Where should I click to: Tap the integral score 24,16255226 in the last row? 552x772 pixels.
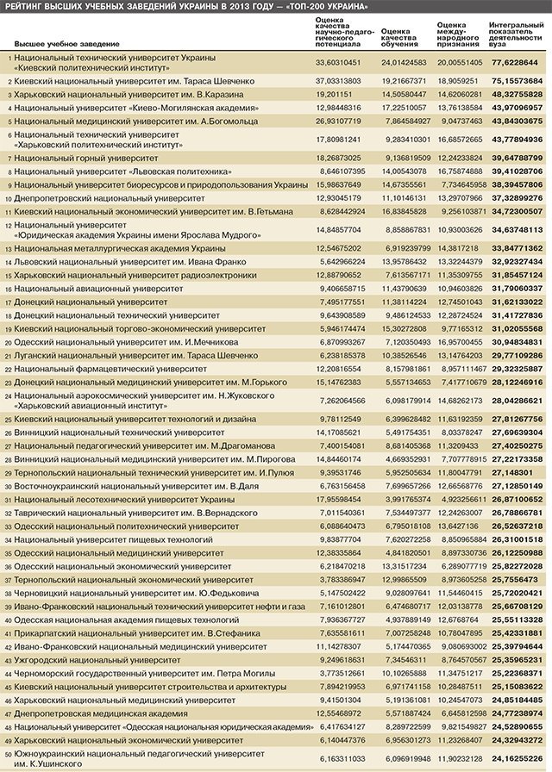point(517,758)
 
